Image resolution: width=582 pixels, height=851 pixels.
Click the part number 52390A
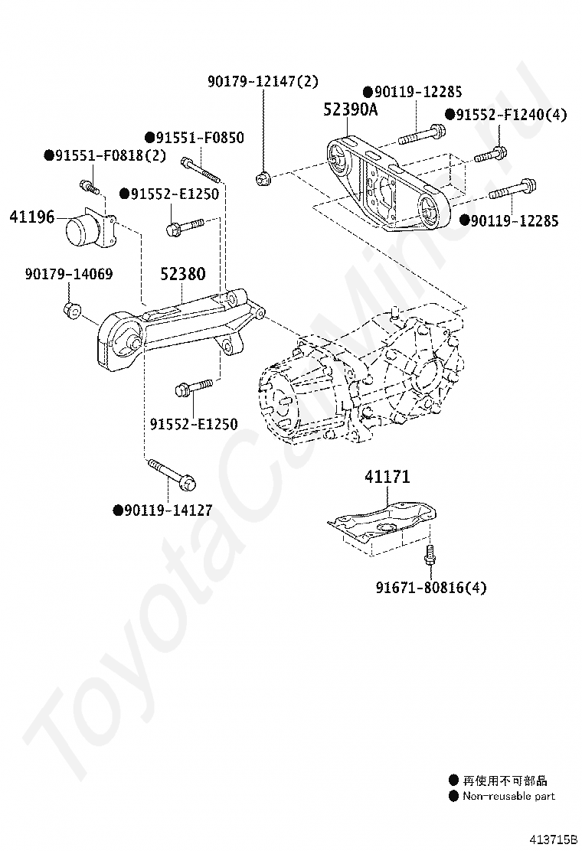click(x=350, y=109)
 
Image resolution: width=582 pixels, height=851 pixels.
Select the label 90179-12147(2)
click(x=263, y=80)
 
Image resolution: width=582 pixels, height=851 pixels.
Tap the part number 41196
click(x=31, y=217)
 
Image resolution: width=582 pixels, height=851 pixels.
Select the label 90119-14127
click(x=168, y=510)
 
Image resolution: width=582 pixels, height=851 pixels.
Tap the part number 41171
click(x=387, y=477)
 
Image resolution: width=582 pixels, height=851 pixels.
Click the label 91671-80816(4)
click(x=431, y=588)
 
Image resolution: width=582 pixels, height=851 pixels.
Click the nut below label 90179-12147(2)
click(x=263, y=179)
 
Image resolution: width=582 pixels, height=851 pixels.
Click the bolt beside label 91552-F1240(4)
click(x=488, y=154)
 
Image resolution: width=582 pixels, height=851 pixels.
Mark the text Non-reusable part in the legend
click(x=508, y=796)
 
